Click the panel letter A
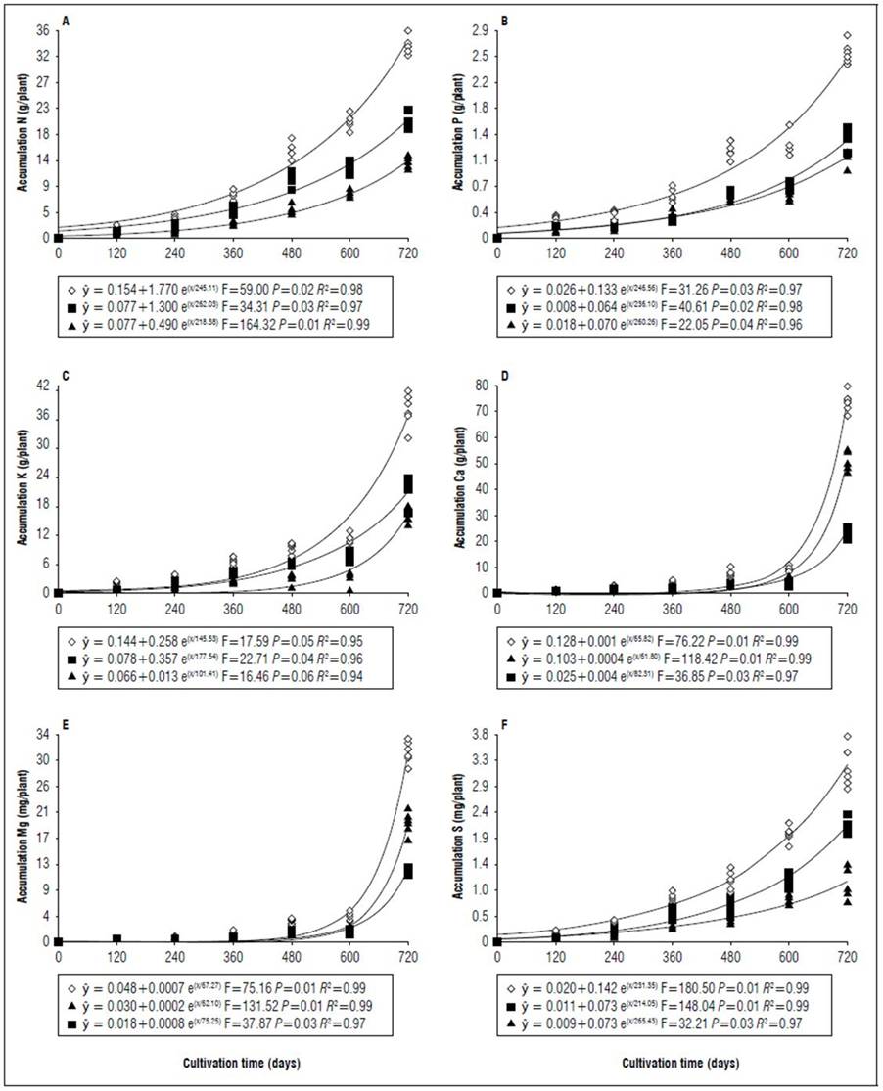coord(66,22)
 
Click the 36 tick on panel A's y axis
coord(44,29)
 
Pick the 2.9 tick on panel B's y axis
coord(479,29)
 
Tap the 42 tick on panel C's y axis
coord(43,386)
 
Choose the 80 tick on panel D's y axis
coord(480,386)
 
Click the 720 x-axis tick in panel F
coord(847,956)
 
